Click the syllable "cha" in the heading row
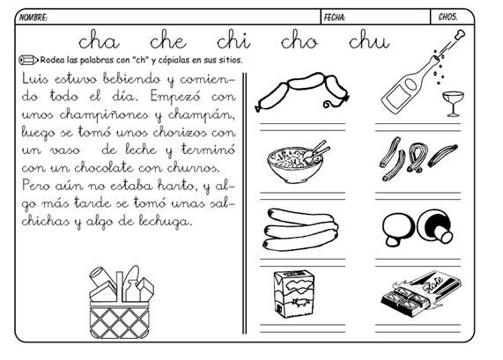[x=99, y=40]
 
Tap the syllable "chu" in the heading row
[x=369, y=40]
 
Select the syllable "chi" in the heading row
[x=233, y=40]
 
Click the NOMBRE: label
[x=33, y=18]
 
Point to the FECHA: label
[x=335, y=18]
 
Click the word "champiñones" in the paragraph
[x=104, y=115]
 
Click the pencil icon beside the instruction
[x=28, y=60]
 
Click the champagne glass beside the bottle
[x=453, y=104]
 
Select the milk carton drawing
[x=294, y=293]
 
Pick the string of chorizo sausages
[x=301, y=92]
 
